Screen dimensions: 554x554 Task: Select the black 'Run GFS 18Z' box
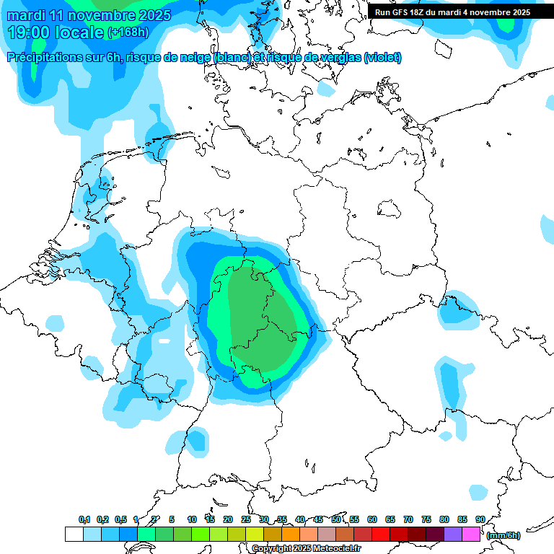coord(452,12)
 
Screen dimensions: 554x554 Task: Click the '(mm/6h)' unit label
coord(504,535)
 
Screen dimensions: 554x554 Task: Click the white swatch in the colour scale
coord(74,535)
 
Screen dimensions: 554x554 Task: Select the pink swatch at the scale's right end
coord(471,535)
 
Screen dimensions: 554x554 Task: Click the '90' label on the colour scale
coord(480,519)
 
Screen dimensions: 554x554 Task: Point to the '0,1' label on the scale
coord(84,519)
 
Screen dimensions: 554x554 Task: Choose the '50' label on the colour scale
coord(336,519)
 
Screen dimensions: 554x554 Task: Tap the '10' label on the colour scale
coord(192,519)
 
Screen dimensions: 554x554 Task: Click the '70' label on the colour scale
coord(408,519)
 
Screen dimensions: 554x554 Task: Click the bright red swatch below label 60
coord(381,535)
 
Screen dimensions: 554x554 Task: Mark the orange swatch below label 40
coord(291,535)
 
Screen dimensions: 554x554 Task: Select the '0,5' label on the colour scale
coord(120,519)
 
